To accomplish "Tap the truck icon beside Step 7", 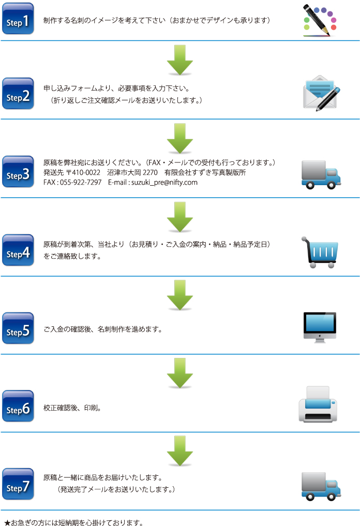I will (x=321, y=485).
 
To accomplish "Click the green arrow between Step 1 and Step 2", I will (x=180, y=60).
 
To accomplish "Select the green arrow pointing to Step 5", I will (x=180, y=295).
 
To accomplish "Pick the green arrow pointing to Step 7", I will (x=180, y=451).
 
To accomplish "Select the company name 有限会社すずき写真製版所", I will (x=205, y=172).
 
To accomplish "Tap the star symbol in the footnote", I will (x=7, y=522).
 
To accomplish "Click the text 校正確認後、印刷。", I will (x=72, y=408).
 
